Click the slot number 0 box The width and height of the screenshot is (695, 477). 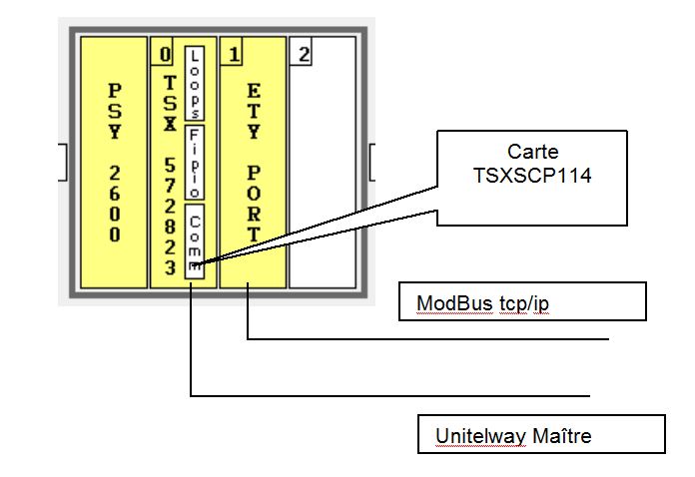click(164, 53)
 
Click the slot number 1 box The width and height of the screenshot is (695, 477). click(233, 53)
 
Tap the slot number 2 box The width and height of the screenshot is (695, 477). click(302, 53)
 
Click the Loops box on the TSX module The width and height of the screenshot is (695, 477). click(196, 83)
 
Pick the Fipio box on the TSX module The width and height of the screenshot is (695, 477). click(196, 163)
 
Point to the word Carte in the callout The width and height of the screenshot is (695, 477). click(532, 152)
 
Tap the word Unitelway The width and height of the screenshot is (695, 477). click(475, 436)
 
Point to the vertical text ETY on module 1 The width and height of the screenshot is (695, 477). click(254, 111)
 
